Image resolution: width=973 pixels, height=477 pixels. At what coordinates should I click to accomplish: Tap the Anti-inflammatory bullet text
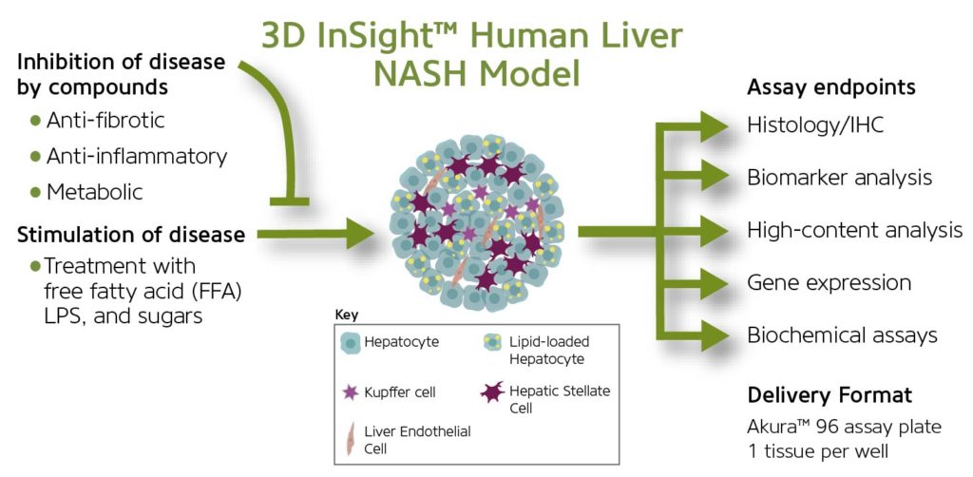click(136, 156)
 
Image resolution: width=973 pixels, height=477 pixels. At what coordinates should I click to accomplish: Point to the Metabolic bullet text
click(94, 192)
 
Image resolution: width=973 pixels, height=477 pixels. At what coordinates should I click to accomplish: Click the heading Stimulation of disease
click(131, 234)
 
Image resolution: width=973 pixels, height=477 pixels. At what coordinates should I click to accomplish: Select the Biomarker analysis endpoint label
click(839, 178)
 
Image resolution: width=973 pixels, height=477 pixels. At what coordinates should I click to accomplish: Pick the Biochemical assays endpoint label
click(842, 334)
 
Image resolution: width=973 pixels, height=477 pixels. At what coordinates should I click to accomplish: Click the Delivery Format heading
click(830, 394)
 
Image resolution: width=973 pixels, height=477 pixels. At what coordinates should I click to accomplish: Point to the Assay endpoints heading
click(831, 87)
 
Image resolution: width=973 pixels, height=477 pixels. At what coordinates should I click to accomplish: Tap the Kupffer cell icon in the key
click(352, 391)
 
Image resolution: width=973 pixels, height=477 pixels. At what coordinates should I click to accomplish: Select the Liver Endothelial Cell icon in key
click(351, 438)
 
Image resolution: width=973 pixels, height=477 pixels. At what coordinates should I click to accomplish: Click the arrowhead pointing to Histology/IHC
click(715, 124)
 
